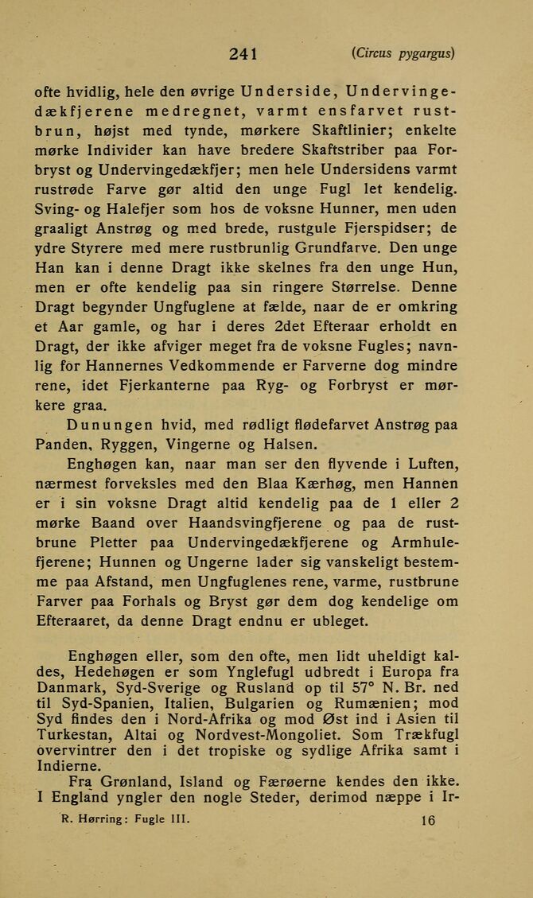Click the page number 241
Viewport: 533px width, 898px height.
click(243, 54)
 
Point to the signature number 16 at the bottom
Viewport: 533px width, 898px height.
click(428, 822)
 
